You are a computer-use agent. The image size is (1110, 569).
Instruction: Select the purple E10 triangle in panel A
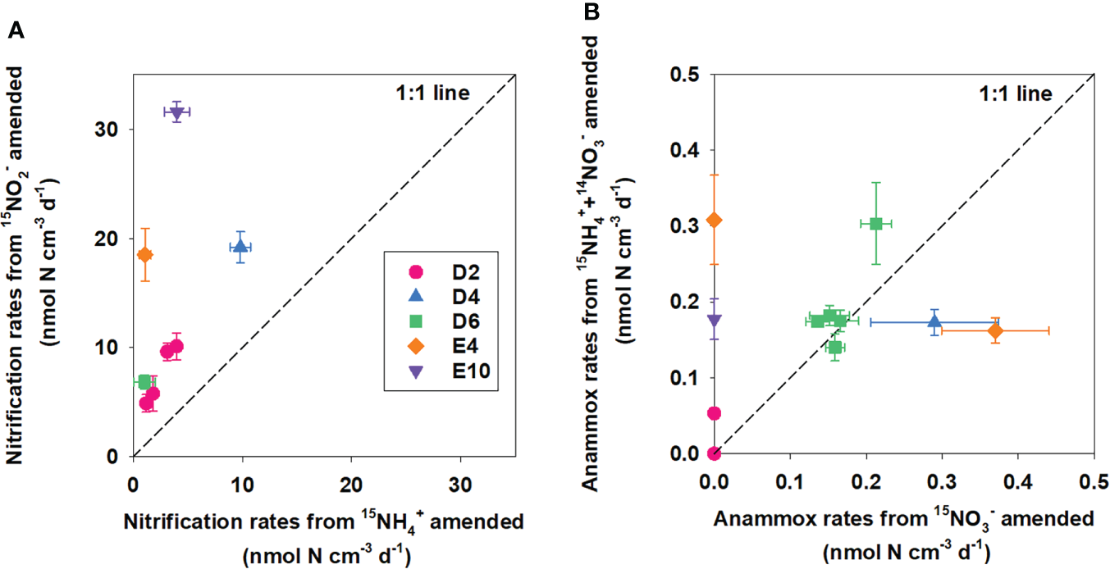[176, 112]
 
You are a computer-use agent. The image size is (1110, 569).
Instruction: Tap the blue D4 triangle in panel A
[240, 246]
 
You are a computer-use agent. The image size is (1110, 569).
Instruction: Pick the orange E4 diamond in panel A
[145, 254]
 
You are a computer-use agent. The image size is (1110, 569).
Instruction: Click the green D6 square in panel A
[144, 382]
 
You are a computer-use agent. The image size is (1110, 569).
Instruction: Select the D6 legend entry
[440, 321]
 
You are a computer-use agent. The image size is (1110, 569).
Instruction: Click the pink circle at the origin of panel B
[714, 453]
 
